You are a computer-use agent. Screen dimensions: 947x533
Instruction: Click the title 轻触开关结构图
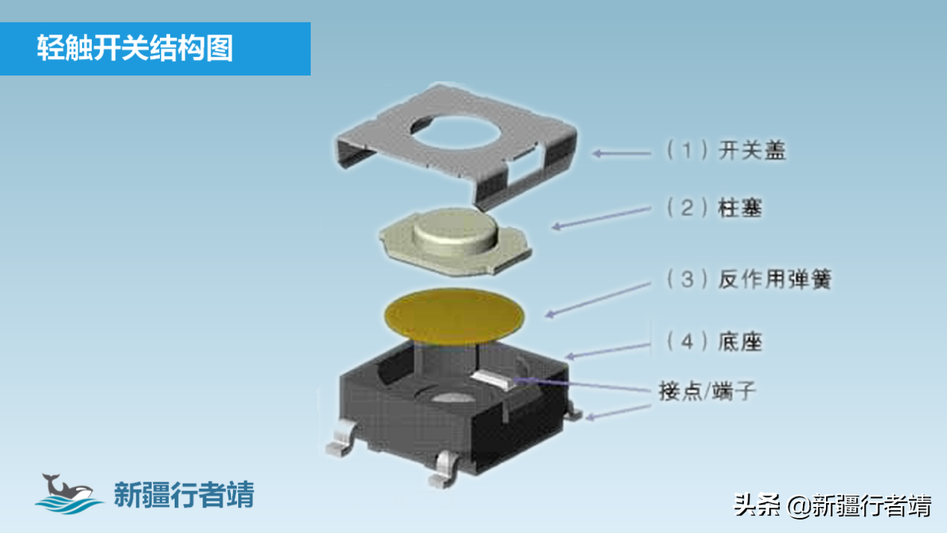point(135,48)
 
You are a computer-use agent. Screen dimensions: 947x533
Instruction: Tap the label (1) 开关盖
point(726,150)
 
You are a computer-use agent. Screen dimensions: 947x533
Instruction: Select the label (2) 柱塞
point(714,208)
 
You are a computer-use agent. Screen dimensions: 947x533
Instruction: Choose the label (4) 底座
point(714,342)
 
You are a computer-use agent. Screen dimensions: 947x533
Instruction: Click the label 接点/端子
point(707,390)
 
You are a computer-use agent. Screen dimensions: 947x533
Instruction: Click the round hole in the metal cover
point(456,132)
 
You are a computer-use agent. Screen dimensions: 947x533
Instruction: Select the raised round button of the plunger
point(455,232)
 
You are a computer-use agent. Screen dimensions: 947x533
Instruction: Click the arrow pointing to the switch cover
point(621,153)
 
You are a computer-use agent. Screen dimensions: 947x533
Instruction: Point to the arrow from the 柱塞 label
point(601,218)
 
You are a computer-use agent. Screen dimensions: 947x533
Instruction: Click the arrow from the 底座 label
point(608,351)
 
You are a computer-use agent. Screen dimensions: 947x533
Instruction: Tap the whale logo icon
point(69,493)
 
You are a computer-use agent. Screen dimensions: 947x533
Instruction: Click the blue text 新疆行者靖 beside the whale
point(184,494)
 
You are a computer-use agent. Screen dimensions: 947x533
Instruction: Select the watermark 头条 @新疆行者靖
point(832,505)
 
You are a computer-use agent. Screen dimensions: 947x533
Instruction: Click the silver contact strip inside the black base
point(492,380)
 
